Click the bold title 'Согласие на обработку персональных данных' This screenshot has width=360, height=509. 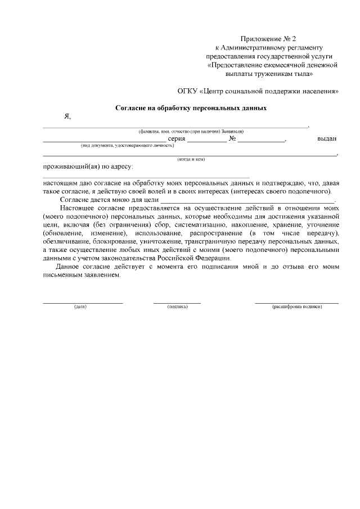click(191, 107)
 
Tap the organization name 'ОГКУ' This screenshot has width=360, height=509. click(188, 90)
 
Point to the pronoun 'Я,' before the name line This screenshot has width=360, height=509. click(67, 117)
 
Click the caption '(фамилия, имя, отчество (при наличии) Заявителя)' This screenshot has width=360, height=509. click(191, 131)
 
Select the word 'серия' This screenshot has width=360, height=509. click(177, 139)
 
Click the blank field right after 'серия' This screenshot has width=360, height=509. click(206, 139)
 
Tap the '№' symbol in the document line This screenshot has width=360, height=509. click(232, 139)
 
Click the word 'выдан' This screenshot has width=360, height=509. click(327, 139)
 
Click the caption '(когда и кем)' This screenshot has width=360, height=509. click(191, 160)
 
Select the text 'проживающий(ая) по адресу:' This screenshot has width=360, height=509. click(88, 167)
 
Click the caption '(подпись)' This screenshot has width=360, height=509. click(177, 307)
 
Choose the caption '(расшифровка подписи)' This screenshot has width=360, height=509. click(296, 307)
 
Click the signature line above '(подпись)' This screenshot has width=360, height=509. click(177, 303)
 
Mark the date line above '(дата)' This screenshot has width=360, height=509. click(83, 303)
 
